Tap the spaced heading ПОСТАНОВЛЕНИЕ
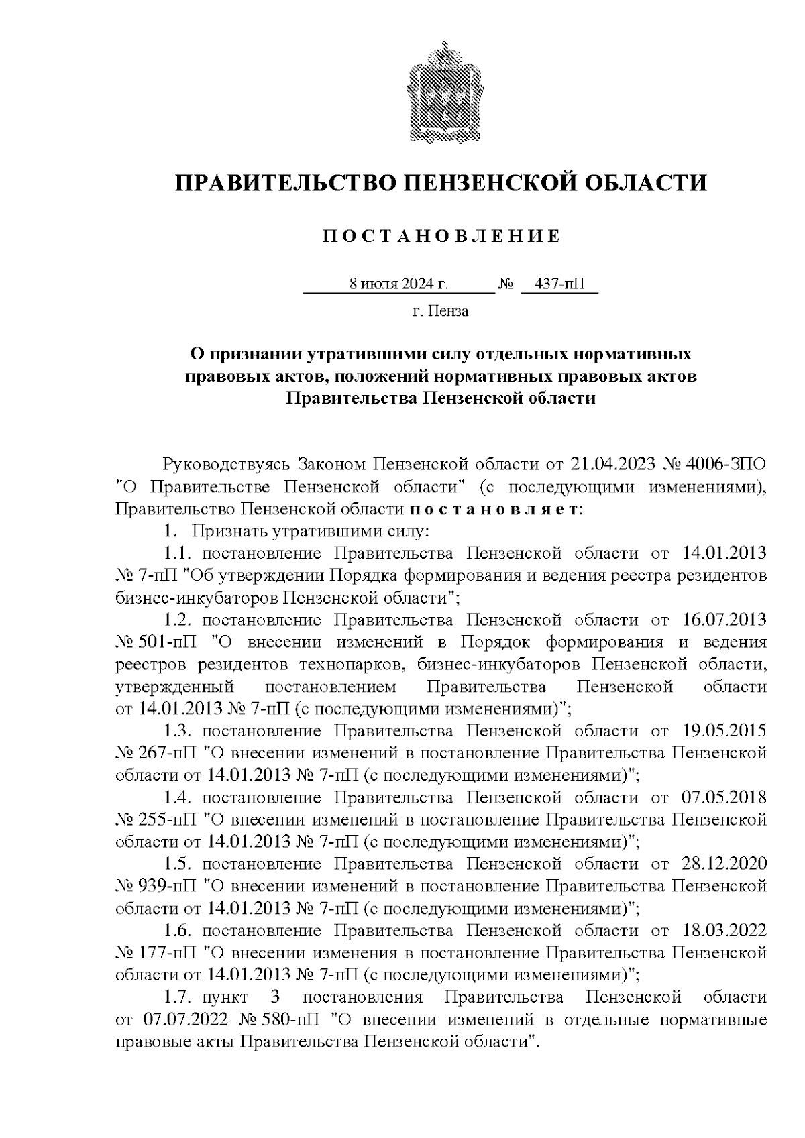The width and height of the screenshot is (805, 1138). click(441, 236)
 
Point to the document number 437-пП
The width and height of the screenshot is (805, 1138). click(559, 284)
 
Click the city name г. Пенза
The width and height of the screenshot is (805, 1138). click(441, 311)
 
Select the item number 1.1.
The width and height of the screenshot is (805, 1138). click(178, 553)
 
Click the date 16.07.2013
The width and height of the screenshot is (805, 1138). click(724, 620)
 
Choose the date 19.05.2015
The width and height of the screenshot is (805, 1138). click(724, 730)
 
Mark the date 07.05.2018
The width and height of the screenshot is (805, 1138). click(724, 797)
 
